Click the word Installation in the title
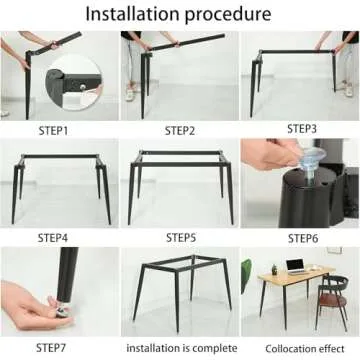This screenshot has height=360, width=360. [127, 14]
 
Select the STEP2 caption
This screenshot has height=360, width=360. [181, 130]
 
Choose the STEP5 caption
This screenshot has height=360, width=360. [181, 237]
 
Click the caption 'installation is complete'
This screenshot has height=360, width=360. [180, 347]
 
